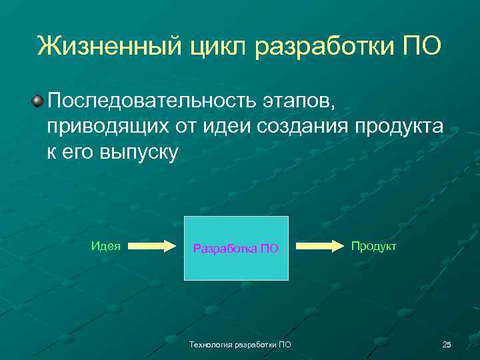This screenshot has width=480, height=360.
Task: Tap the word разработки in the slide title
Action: point(327,46)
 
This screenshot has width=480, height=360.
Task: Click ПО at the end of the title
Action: point(421,46)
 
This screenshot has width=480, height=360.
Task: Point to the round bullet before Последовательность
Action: point(37,101)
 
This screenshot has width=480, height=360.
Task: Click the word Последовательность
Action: point(147,102)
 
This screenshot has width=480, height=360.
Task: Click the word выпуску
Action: point(140,153)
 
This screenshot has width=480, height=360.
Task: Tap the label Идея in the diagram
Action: point(105,245)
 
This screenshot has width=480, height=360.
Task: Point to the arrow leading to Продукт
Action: point(319,246)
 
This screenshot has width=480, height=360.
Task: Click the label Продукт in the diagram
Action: point(373,246)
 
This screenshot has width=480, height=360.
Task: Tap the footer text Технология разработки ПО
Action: point(240,344)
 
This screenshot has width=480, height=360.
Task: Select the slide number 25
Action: point(446,344)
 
